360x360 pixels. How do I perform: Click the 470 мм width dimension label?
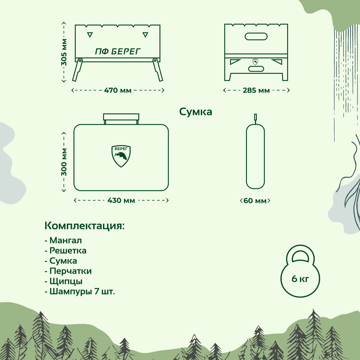(x=118, y=90)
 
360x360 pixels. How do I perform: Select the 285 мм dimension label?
(x=256, y=90)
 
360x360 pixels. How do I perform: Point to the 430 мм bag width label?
(x=121, y=200)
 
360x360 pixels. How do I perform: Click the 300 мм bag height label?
(x=64, y=162)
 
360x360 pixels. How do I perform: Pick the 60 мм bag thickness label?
(x=255, y=201)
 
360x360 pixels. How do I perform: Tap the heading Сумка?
(x=196, y=112)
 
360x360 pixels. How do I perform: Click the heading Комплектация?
(x=84, y=226)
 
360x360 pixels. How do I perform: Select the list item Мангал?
(x=65, y=240)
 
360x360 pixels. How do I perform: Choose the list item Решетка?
(x=68, y=250)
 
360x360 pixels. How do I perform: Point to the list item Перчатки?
(x=70, y=271)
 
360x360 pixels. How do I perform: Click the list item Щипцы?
(x=66, y=281)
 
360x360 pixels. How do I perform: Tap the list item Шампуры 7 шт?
(x=82, y=291)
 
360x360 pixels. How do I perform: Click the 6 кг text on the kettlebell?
(x=300, y=279)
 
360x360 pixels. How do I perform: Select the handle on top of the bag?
(x=121, y=117)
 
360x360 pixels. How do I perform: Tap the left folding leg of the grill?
(x=77, y=70)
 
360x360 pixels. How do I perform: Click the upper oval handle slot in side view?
(x=256, y=36)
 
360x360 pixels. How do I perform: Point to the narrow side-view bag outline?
(x=255, y=156)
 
